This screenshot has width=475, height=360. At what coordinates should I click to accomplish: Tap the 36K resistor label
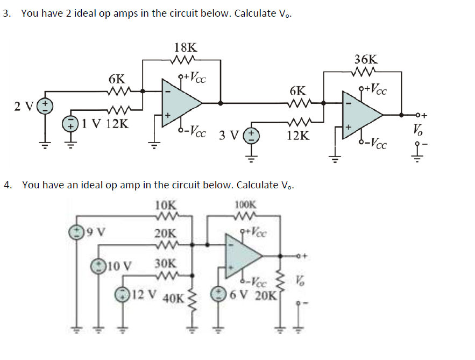pyautogui.click(x=366, y=60)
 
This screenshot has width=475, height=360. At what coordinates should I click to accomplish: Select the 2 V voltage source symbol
pyautogui.click(x=46, y=105)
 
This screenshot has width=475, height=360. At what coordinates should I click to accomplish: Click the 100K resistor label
pyautogui.click(x=246, y=205)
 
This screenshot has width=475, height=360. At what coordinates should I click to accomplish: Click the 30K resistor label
pyautogui.click(x=165, y=264)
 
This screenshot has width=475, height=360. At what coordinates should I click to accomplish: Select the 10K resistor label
pyautogui.click(x=165, y=205)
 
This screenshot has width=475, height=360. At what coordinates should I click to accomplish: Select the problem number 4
pyautogui.click(x=6, y=185)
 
